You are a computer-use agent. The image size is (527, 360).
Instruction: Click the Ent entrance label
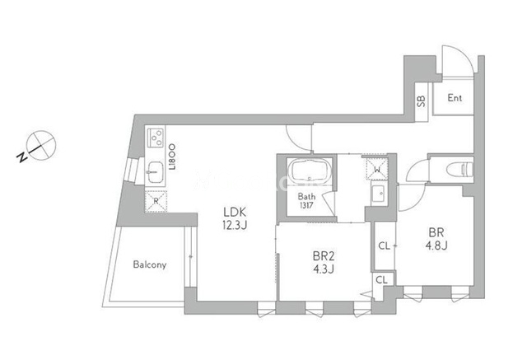click(x=455, y=98)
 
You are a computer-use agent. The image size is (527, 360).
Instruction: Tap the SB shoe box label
click(x=421, y=101)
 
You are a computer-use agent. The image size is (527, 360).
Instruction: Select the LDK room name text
click(x=236, y=212)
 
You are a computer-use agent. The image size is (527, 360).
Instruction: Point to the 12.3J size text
click(x=235, y=225)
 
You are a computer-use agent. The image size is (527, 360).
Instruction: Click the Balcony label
click(x=150, y=264)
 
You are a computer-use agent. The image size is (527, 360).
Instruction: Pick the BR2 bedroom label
click(x=324, y=256)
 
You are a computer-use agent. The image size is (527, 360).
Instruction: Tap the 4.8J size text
click(x=436, y=245)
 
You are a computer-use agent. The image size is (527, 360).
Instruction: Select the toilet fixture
click(x=459, y=169)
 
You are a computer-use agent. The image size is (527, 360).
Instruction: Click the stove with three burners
click(x=156, y=137)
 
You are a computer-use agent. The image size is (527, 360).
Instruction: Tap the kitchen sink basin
click(x=155, y=172)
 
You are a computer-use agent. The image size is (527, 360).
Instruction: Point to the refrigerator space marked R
click(x=156, y=201)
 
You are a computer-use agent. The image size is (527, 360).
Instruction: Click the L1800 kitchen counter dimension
click(x=172, y=157)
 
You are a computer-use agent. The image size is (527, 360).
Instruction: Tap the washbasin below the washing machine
click(x=380, y=194)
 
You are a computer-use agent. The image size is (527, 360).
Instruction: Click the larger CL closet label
click(x=385, y=245)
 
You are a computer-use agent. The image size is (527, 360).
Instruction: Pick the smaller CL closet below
click(x=381, y=279)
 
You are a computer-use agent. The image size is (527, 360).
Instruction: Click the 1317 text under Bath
click(x=306, y=204)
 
